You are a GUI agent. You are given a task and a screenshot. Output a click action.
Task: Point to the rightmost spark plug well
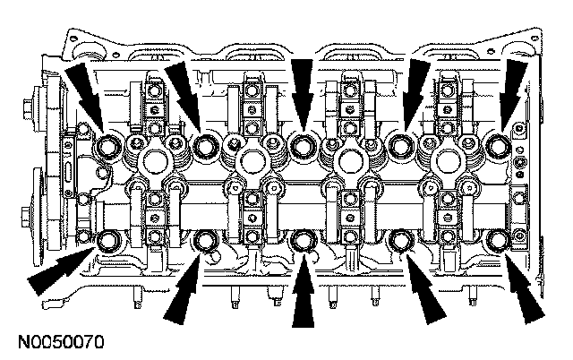(448, 161)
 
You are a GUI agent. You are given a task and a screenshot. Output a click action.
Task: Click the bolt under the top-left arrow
(111, 145)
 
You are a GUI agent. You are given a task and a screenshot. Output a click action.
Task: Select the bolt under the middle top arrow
(305, 144)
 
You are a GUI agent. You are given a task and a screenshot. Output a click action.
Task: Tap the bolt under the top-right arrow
(501, 144)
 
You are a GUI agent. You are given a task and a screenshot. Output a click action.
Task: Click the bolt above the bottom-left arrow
(111, 239)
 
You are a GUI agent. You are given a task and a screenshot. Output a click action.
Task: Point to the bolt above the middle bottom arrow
(305, 239)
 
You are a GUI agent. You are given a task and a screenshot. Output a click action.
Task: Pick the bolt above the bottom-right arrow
(499, 239)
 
